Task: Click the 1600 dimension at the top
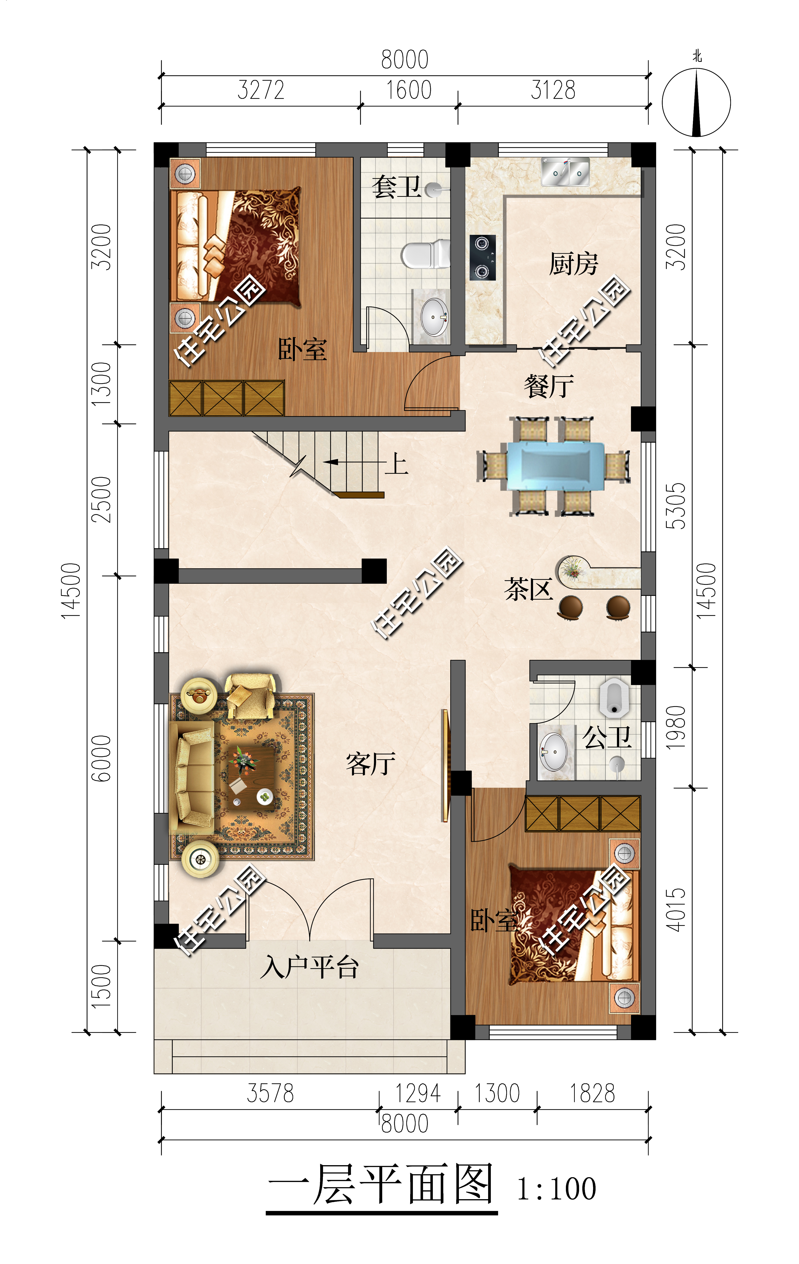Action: pos(409,90)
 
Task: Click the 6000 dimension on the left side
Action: pos(101,758)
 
